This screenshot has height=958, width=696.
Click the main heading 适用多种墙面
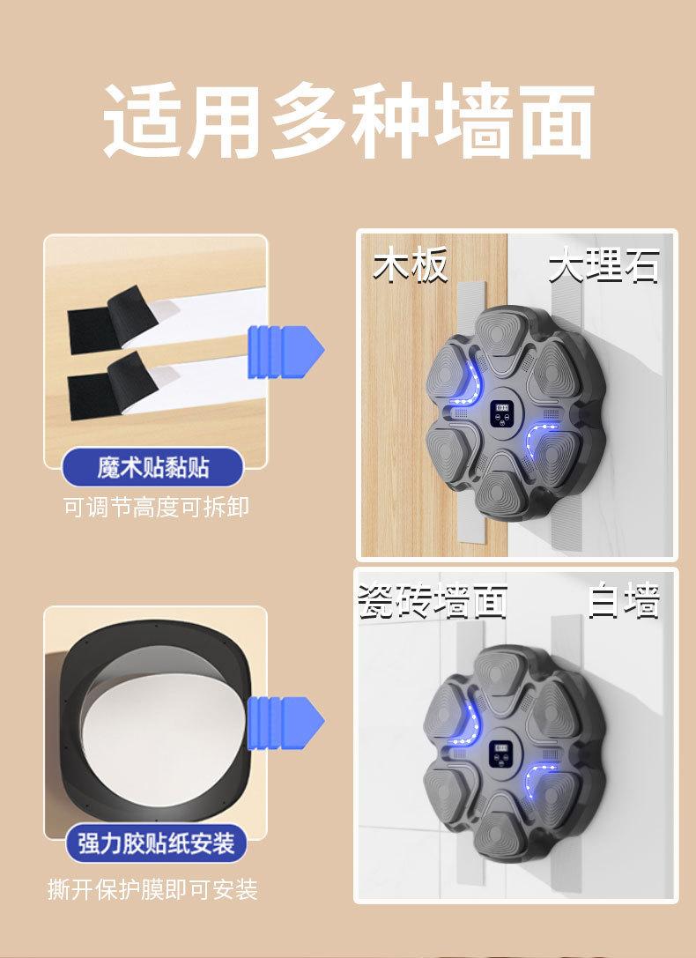click(x=349, y=121)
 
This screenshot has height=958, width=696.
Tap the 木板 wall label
click(x=411, y=264)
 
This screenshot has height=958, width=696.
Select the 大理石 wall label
click(x=603, y=266)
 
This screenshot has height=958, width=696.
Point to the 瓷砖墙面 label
click(x=433, y=601)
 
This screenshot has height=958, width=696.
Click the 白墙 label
click(x=624, y=601)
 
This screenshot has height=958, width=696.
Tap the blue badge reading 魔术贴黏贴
click(x=152, y=467)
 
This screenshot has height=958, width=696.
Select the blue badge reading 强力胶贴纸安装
click(x=156, y=843)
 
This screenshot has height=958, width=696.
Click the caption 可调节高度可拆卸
click(x=156, y=507)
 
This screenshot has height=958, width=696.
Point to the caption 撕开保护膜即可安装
click(x=152, y=889)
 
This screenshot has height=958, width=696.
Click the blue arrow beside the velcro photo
click(x=285, y=352)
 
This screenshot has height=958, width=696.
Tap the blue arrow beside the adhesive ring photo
click(x=285, y=723)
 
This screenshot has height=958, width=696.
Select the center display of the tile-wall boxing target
click(x=504, y=755)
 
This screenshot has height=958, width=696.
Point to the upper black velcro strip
click(x=113, y=320)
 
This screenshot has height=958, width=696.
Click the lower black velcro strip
click(x=113, y=385)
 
